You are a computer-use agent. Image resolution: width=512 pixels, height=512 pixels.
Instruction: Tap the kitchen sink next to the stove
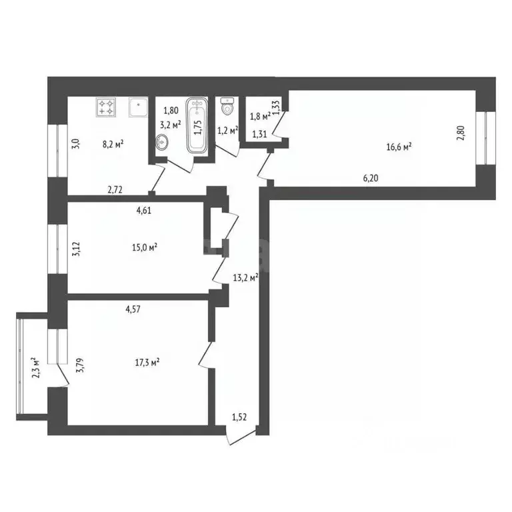pos(137,107)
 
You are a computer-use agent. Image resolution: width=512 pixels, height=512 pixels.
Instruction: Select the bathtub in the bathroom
pos(197,126)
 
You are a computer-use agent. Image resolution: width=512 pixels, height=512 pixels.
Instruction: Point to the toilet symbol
pos(227,105)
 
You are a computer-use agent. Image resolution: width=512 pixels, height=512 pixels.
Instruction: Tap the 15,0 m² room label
pos(145,247)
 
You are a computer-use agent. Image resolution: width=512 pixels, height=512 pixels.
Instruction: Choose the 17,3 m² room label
pos(147,363)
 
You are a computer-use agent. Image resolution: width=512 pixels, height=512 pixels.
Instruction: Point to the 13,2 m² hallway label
pos(245,277)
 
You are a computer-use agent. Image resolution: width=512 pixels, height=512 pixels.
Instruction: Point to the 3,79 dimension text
pos(80,367)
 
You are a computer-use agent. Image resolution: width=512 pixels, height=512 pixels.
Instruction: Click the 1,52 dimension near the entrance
pos(240,417)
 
